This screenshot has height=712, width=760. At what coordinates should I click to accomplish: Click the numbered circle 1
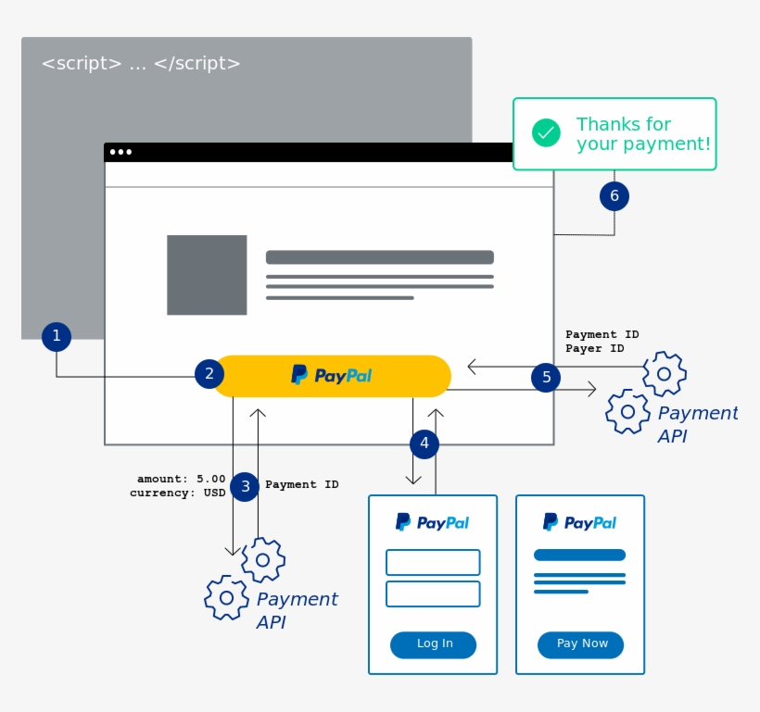coord(57,336)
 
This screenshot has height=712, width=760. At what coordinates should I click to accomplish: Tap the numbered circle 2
coord(209,374)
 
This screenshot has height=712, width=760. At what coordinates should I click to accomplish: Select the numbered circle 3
coord(245,486)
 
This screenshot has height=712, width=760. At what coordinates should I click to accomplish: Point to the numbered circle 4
coord(424,444)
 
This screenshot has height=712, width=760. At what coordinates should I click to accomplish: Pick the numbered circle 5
coord(546,377)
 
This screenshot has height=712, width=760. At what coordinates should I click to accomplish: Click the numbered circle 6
coord(614,196)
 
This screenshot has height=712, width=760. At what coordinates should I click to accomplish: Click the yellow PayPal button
coord(332,376)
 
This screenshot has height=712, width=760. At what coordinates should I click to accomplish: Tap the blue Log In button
coord(433,644)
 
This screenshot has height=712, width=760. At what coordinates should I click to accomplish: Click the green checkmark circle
coord(546,133)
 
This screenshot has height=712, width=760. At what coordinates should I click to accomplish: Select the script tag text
coord(141,64)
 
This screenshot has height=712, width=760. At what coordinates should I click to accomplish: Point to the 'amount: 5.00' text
coord(181,479)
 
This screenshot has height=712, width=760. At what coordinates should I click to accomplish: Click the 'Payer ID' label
coord(594,349)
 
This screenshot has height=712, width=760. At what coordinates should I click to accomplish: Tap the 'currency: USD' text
coord(177,493)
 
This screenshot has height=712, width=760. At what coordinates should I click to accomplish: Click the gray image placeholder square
coord(207,275)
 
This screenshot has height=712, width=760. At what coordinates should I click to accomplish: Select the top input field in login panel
coord(433,562)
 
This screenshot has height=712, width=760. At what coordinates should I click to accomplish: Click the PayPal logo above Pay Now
coord(579,522)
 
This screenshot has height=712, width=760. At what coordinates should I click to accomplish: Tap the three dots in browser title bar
coord(120,152)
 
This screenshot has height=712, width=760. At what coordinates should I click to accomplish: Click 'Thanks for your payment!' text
coord(642,134)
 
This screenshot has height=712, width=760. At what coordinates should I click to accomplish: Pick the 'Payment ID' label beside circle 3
coord(301,484)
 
